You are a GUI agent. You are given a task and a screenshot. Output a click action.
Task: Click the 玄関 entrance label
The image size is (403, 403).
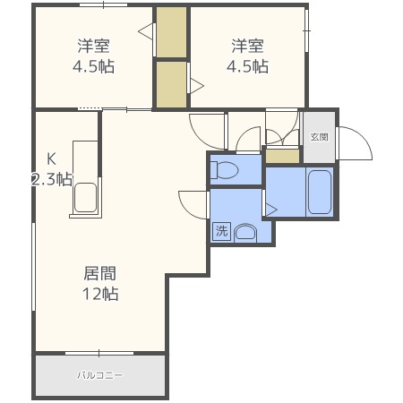[319, 137]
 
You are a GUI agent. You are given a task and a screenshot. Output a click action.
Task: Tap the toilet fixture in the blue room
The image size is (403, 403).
[224, 170]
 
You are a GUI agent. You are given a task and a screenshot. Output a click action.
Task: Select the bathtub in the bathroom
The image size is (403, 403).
[320, 192]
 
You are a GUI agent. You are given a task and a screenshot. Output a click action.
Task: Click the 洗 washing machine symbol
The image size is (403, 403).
[221, 231]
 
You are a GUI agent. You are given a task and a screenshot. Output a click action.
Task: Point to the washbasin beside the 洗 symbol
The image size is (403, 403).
[245, 233]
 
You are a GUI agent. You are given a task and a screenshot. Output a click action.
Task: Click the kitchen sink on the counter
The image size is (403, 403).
[85, 198]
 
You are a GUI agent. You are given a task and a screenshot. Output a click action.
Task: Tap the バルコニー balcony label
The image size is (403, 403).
[99, 375]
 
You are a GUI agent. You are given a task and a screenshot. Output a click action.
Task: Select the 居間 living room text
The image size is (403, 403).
[99, 273]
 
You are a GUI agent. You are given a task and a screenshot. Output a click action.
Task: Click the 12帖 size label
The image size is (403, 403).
[100, 294]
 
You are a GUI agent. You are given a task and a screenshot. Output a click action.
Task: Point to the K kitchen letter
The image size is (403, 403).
[51, 159]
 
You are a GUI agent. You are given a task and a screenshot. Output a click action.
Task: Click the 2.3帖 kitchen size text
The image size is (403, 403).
[52, 179]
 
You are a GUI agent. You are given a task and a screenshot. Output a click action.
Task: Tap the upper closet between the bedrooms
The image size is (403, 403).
[172, 32]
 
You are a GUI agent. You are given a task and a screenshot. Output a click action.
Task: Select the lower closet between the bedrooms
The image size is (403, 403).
[172, 84]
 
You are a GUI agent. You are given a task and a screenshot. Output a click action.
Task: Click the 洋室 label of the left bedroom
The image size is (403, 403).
[94, 46]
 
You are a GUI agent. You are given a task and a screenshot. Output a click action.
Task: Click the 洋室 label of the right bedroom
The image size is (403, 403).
[248, 46]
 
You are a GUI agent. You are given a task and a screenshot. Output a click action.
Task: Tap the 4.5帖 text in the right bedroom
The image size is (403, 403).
[247, 66]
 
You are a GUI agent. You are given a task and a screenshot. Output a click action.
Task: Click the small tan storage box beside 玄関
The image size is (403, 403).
[282, 157]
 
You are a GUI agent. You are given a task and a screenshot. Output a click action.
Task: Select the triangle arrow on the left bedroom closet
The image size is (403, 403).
[146, 30]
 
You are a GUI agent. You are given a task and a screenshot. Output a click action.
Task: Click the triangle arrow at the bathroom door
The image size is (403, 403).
[271, 210]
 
